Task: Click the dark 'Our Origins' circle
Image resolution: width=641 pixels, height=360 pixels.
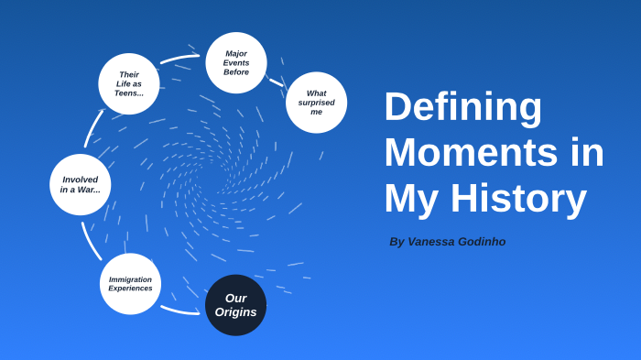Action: (235, 305)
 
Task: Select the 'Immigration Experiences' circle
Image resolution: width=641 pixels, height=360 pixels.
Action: (130, 284)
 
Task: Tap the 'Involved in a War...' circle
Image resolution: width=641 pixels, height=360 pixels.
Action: (81, 184)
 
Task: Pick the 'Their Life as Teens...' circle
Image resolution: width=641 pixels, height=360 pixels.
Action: (129, 84)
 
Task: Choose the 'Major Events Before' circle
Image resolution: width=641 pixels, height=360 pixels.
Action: (236, 62)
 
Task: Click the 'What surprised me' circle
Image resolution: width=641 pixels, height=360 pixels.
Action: (316, 103)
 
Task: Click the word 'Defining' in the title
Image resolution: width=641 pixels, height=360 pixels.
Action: (462, 106)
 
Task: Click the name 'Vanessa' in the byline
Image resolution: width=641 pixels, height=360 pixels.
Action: (435, 242)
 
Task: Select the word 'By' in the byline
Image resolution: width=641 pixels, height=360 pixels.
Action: (397, 242)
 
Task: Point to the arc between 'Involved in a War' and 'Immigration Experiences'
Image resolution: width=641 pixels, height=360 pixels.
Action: (90, 243)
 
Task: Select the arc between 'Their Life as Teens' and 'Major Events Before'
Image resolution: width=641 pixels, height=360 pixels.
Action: (179, 59)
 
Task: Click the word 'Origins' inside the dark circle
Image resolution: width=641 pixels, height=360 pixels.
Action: (235, 312)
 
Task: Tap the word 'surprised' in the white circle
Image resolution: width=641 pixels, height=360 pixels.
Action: (316, 103)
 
